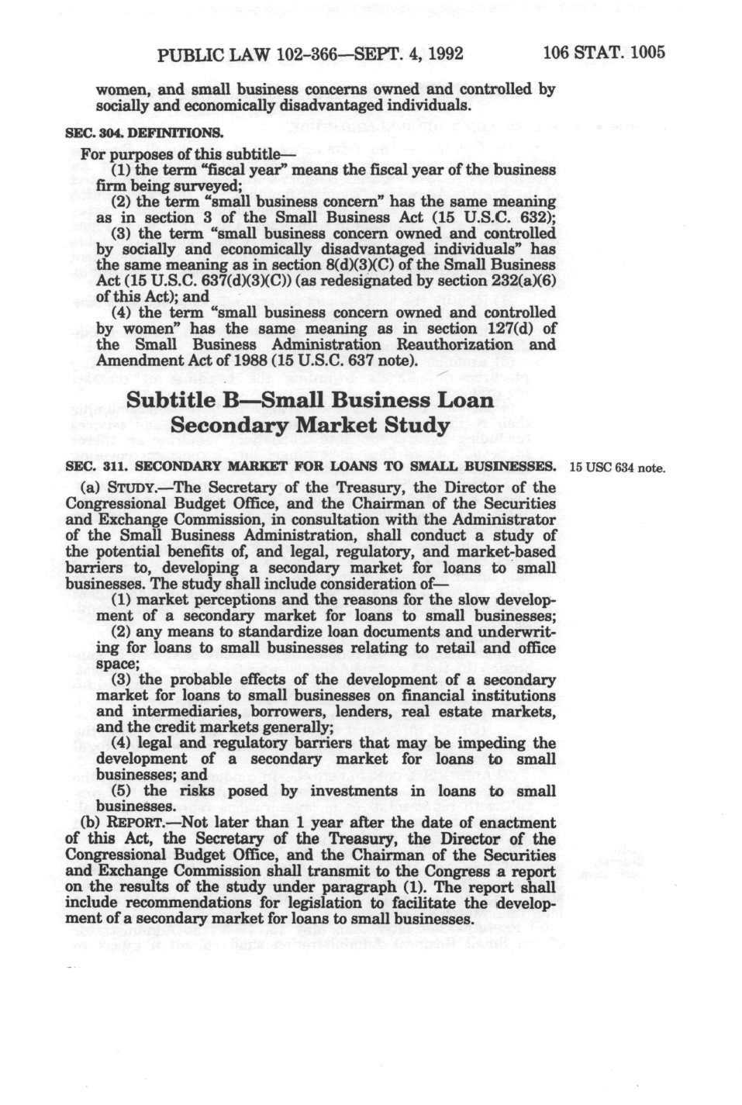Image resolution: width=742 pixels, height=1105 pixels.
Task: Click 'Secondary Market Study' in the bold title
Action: click(309, 426)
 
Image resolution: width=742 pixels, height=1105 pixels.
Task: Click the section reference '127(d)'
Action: click(505, 328)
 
